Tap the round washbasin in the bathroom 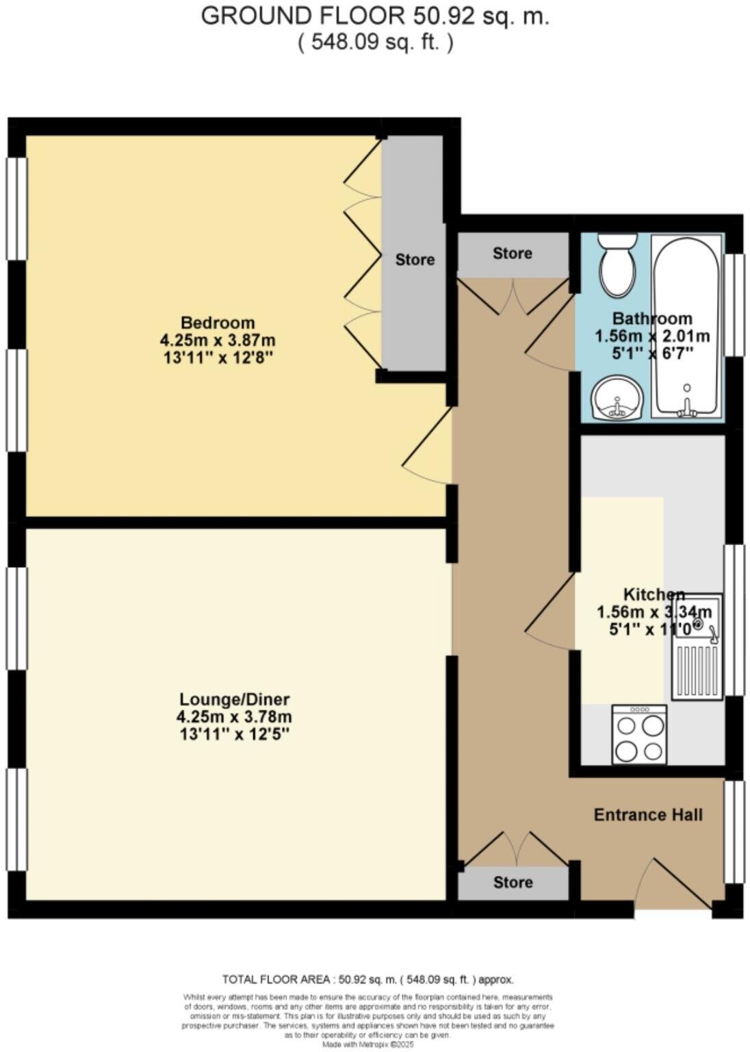click(x=617, y=399)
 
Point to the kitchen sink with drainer click(x=697, y=647)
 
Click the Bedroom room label click(x=218, y=323)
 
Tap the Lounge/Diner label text click(x=234, y=699)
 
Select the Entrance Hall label click(x=647, y=815)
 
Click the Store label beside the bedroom click(x=415, y=260)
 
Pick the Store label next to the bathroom click(x=513, y=253)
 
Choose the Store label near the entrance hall click(x=513, y=883)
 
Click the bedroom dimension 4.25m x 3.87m click(x=218, y=340)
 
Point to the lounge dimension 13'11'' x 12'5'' click(x=234, y=734)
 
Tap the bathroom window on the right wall click(x=734, y=305)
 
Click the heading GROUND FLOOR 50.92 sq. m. click(x=374, y=16)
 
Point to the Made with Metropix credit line click(x=368, y=1044)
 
